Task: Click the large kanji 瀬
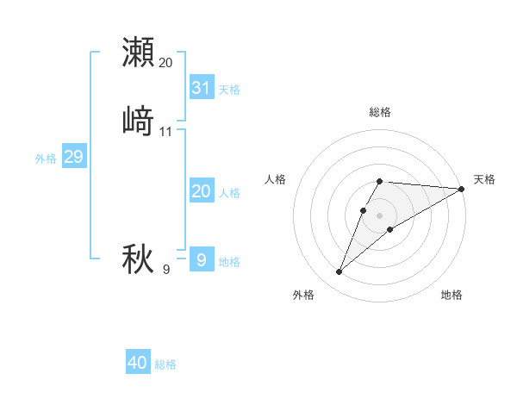tap(138, 53)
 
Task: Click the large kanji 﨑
tap(138, 121)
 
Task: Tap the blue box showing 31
tap(202, 88)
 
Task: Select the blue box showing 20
tap(202, 191)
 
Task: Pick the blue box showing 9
tap(202, 259)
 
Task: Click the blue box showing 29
tap(73, 157)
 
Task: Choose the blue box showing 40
tap(138, 363)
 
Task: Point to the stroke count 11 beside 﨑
tap(166, 132)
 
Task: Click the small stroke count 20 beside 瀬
tap(166, 63)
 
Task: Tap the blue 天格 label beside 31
tap(229, 90)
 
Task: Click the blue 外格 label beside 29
tap(46, 159)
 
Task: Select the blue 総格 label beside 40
tap(166, 364)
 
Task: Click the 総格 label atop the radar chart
tap(380, 112)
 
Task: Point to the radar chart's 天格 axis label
tap(484, 179)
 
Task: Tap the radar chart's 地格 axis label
tap(452, 295)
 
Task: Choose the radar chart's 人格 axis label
tap(275, 179)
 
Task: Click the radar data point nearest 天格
tap(461, 189)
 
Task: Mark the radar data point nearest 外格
tap(339, 272)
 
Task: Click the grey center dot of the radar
tap(380, 215)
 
